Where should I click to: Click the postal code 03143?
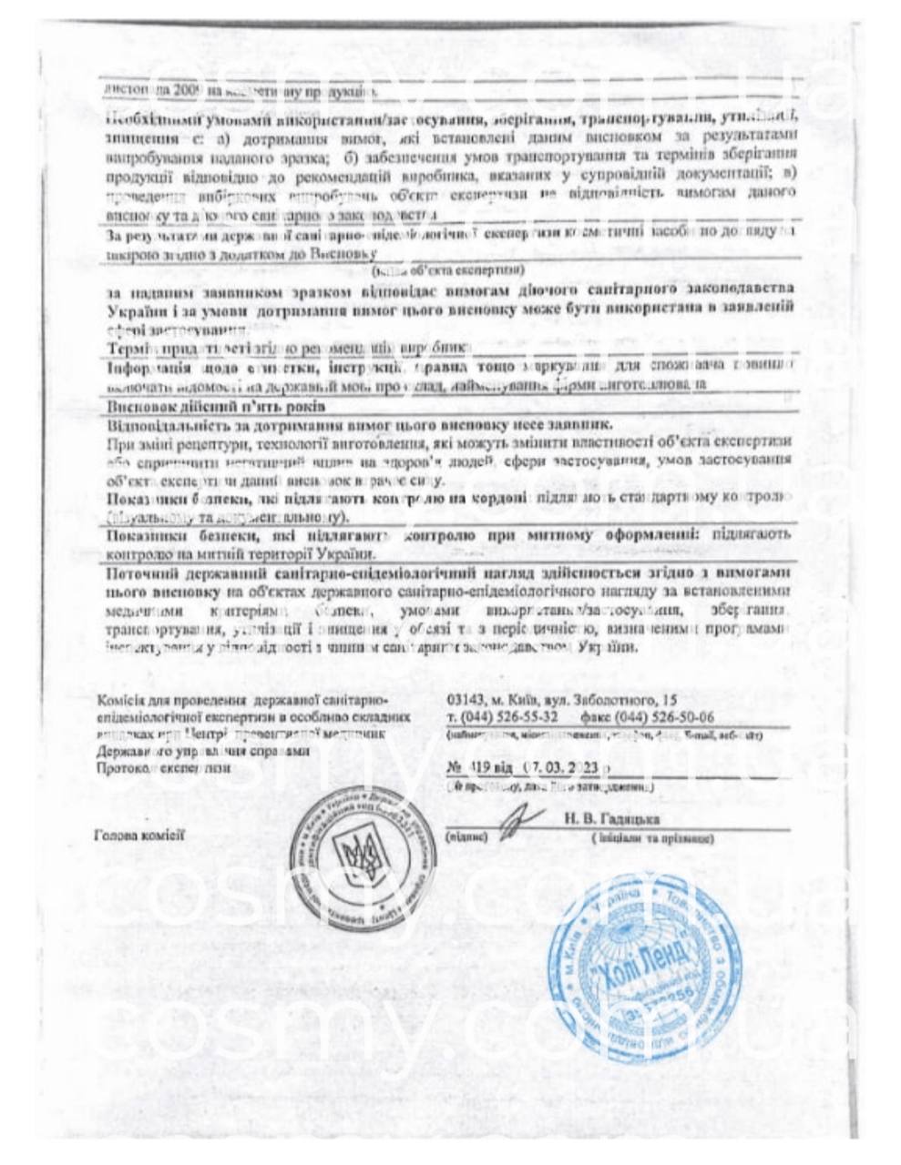coord(466,700)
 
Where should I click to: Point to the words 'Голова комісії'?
coord(138,834)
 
